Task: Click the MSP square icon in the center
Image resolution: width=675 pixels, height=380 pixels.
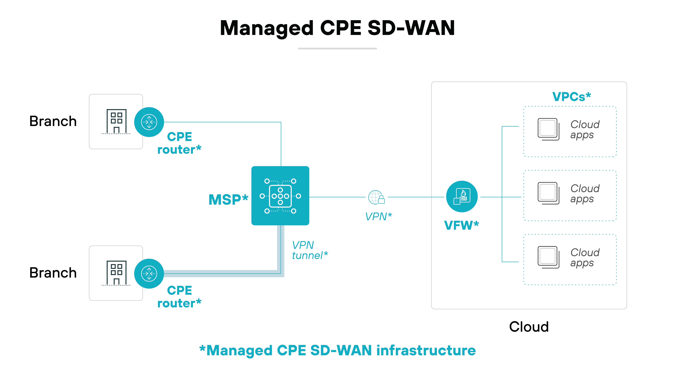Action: click(x=280, y=196)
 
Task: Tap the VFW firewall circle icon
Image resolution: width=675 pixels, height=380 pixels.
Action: click(x=462, y=196)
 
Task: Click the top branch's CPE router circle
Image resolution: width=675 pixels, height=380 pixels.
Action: click(x=149, y=122)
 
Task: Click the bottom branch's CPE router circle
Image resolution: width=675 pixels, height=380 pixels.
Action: click(x=149, y=274)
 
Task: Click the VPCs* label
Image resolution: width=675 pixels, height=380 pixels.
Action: click(x=572, y=97)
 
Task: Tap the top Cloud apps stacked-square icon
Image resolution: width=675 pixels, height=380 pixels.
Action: click(x=548, y=129)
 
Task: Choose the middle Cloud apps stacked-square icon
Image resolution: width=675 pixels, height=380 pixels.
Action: click(x=548, y=193)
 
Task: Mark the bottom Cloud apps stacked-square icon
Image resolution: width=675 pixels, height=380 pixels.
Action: click(x=548, y=257)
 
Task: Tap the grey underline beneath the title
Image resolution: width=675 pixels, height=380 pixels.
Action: click(x=337, y=49)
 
